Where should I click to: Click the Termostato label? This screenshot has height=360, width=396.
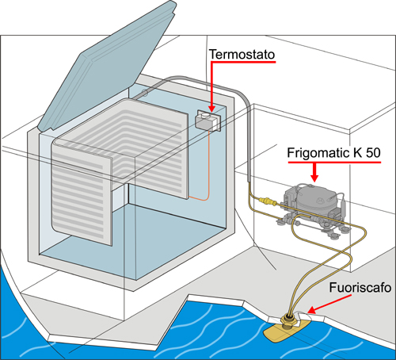[x=242, y=54]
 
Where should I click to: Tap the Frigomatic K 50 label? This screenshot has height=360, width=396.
[x=334, y=153]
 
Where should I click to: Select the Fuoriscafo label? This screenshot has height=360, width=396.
[x=360, y=288]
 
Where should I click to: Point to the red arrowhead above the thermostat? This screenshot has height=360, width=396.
[x=211, y=109]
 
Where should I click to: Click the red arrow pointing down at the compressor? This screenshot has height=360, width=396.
[x=314, y=172]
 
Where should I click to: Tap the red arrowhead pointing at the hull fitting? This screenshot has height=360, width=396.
[x=311, y=310]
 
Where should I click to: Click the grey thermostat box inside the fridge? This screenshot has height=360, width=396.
[x=208, y=121]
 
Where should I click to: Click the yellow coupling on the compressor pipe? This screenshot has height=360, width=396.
[x=268, y=201]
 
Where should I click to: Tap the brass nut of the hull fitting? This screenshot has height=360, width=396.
[x=288, y=320]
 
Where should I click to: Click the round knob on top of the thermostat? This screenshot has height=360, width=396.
[x=204, y=115]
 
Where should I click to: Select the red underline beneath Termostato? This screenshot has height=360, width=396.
[x=243, y=62]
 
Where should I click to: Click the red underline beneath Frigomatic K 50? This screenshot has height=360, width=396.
[x=334, y=162]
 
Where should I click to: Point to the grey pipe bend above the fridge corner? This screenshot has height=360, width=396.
[x=242, y=96]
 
